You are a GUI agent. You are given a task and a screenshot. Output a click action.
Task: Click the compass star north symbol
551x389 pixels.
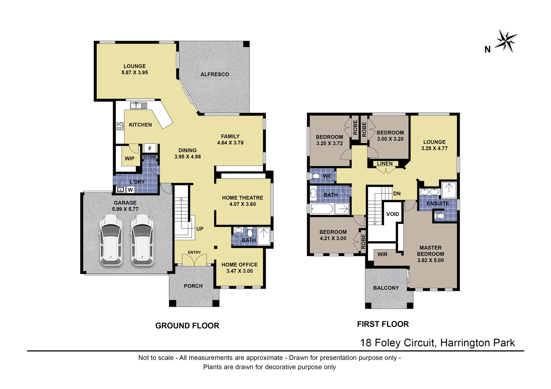(x=506, y=41)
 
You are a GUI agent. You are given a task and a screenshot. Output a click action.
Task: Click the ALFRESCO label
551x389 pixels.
(x=215, y=74)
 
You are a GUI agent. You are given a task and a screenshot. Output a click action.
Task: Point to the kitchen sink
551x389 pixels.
(x=139, y=105)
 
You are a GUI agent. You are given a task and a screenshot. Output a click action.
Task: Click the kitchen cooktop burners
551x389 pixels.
(x=120, y=126)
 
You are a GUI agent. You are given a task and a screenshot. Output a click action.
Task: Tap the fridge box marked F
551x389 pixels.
(x=150, y=148)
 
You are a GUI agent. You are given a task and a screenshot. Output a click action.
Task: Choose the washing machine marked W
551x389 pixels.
(x=130, y=190)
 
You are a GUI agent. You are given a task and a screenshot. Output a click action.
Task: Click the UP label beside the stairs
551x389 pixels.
(x=200, y=229)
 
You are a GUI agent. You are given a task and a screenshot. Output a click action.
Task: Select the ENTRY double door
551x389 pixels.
(x=194, y=260)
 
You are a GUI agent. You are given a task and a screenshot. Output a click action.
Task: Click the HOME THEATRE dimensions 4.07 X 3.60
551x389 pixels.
(x=242, y=204)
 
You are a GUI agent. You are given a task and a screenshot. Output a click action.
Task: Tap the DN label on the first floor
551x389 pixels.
(x=397, y=194)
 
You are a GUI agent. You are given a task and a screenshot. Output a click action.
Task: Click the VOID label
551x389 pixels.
(x=393, y=214)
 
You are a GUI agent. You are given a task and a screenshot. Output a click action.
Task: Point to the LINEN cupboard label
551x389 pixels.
(x=385, y=164)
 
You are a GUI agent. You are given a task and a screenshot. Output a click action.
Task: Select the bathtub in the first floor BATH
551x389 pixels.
(x=322, y=209)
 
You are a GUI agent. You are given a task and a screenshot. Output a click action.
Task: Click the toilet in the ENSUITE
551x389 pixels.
(x=440, y=216)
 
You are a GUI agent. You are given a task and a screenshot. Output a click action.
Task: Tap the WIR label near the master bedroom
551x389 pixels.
(x=382, y=254)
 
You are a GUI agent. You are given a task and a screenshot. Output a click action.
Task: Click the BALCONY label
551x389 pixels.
(x=386, y=288)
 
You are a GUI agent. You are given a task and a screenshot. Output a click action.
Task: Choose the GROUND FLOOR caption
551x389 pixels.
(x=187, y=326)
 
